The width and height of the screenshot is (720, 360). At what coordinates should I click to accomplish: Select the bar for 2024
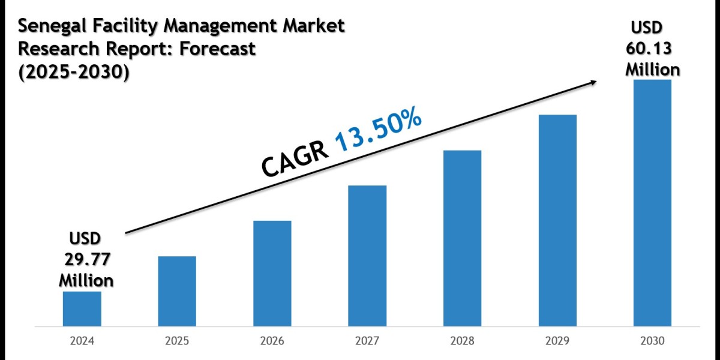coord(82,309)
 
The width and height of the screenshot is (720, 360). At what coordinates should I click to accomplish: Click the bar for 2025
coord(177,292)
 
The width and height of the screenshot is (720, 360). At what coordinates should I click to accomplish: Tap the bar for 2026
coord(272,274)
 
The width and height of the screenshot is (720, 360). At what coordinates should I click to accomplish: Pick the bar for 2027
coord(367,256)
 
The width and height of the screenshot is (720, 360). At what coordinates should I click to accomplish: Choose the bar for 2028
coord(462,238)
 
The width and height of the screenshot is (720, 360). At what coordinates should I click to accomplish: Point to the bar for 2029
coord(557,221)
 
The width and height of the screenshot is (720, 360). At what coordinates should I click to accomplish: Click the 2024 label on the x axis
coord(82,341)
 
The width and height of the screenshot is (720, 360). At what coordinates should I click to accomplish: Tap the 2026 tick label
coord(272,341)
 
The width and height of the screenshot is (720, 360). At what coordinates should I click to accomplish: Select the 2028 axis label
coord(462,341)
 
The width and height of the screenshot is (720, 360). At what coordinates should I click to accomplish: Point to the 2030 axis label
coord(652,341)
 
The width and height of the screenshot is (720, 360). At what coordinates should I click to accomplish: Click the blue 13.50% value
coord(378,129)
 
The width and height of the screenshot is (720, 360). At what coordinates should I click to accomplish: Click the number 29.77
coord(86,259)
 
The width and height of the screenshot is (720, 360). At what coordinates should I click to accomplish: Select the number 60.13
coord(652,49)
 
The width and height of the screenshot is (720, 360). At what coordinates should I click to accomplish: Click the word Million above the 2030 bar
coord(653,70)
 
